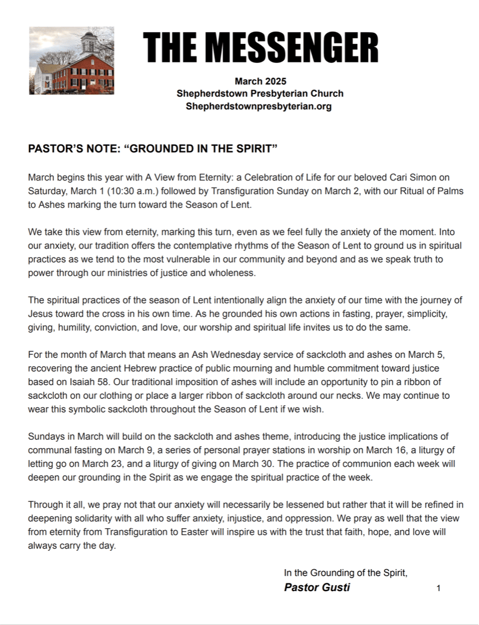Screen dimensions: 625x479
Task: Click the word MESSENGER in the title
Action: click(x=294, y=47)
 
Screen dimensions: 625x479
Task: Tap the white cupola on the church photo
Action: click(x=89, y=43)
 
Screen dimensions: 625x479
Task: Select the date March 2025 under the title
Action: click(x=260, y=81)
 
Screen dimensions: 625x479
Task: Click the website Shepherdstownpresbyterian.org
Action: click(x=259, y=106)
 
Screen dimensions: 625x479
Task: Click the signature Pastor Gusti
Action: click(x=317, y=588)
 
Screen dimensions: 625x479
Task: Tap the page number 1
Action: click(x=438, y=588)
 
